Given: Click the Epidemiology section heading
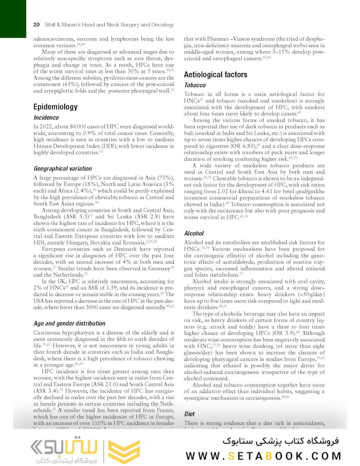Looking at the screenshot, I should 56,107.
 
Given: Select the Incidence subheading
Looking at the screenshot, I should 46,117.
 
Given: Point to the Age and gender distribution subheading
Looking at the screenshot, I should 69,323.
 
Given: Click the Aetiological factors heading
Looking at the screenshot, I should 216,75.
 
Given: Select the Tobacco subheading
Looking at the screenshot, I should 195,85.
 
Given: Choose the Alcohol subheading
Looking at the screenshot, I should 194,233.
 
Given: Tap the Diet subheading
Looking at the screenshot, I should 190,414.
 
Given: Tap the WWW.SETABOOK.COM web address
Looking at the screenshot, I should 263,456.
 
